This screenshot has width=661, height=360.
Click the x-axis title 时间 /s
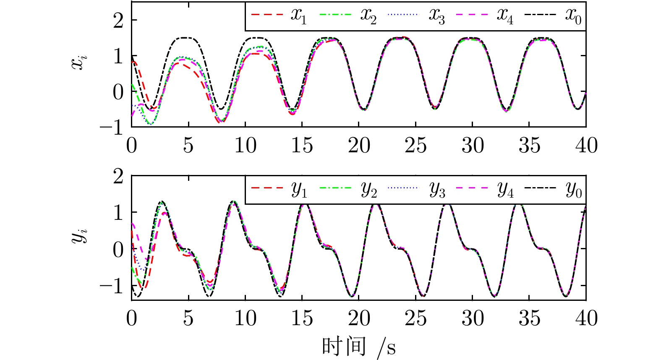[x=359, y=347]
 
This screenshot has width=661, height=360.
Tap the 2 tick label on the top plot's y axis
[x=118, y=20]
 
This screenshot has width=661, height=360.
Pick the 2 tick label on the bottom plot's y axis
[x=118, y=176]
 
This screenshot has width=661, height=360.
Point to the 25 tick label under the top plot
[x=415, y=146]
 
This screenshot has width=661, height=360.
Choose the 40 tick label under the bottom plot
[x=586, y=319]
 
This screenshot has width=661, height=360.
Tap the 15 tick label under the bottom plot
[x=302, y=319]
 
